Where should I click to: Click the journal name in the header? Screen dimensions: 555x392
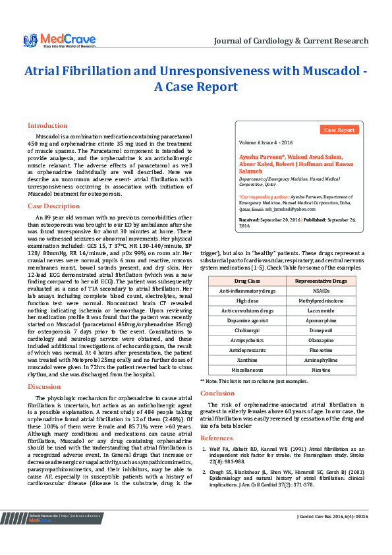click(291, 41)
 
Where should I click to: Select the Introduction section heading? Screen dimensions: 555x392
click(47, 125)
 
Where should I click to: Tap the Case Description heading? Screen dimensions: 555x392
click(53, 206)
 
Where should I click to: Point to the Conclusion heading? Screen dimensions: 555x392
click(217, 374)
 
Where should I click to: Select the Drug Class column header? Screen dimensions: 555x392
click(238, 281)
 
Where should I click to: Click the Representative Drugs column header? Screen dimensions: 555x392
click(321, 281)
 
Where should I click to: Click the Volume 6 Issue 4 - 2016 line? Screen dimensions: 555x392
click(266, 142)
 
